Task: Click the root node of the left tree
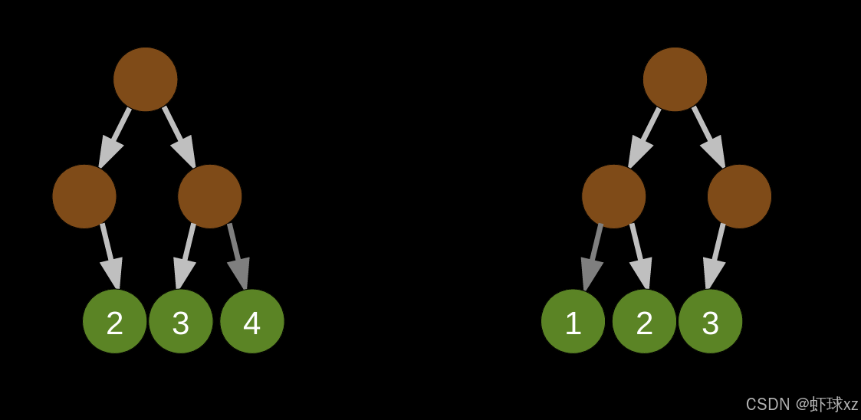[146, 79]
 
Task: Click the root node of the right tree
[675, 79]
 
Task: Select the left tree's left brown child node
[84, 196]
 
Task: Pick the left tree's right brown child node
[210, 196]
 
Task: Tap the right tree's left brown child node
[613, 196]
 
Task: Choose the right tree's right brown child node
[739, 196]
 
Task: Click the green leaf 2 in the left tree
[115, 321]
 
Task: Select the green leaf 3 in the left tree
[181, 321]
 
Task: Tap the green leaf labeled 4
[252, 321]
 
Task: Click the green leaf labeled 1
[573, 321]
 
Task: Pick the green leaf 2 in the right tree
[644, 321]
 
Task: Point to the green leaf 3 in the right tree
[711, 321]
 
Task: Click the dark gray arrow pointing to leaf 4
[237, 257]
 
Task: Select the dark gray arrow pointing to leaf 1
[593, 257]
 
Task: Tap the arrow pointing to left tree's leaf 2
[109, 257]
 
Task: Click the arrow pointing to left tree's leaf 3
[186, 257]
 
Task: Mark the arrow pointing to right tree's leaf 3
[715, 257]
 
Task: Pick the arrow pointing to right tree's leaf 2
[639, 257]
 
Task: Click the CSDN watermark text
[801, 404]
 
